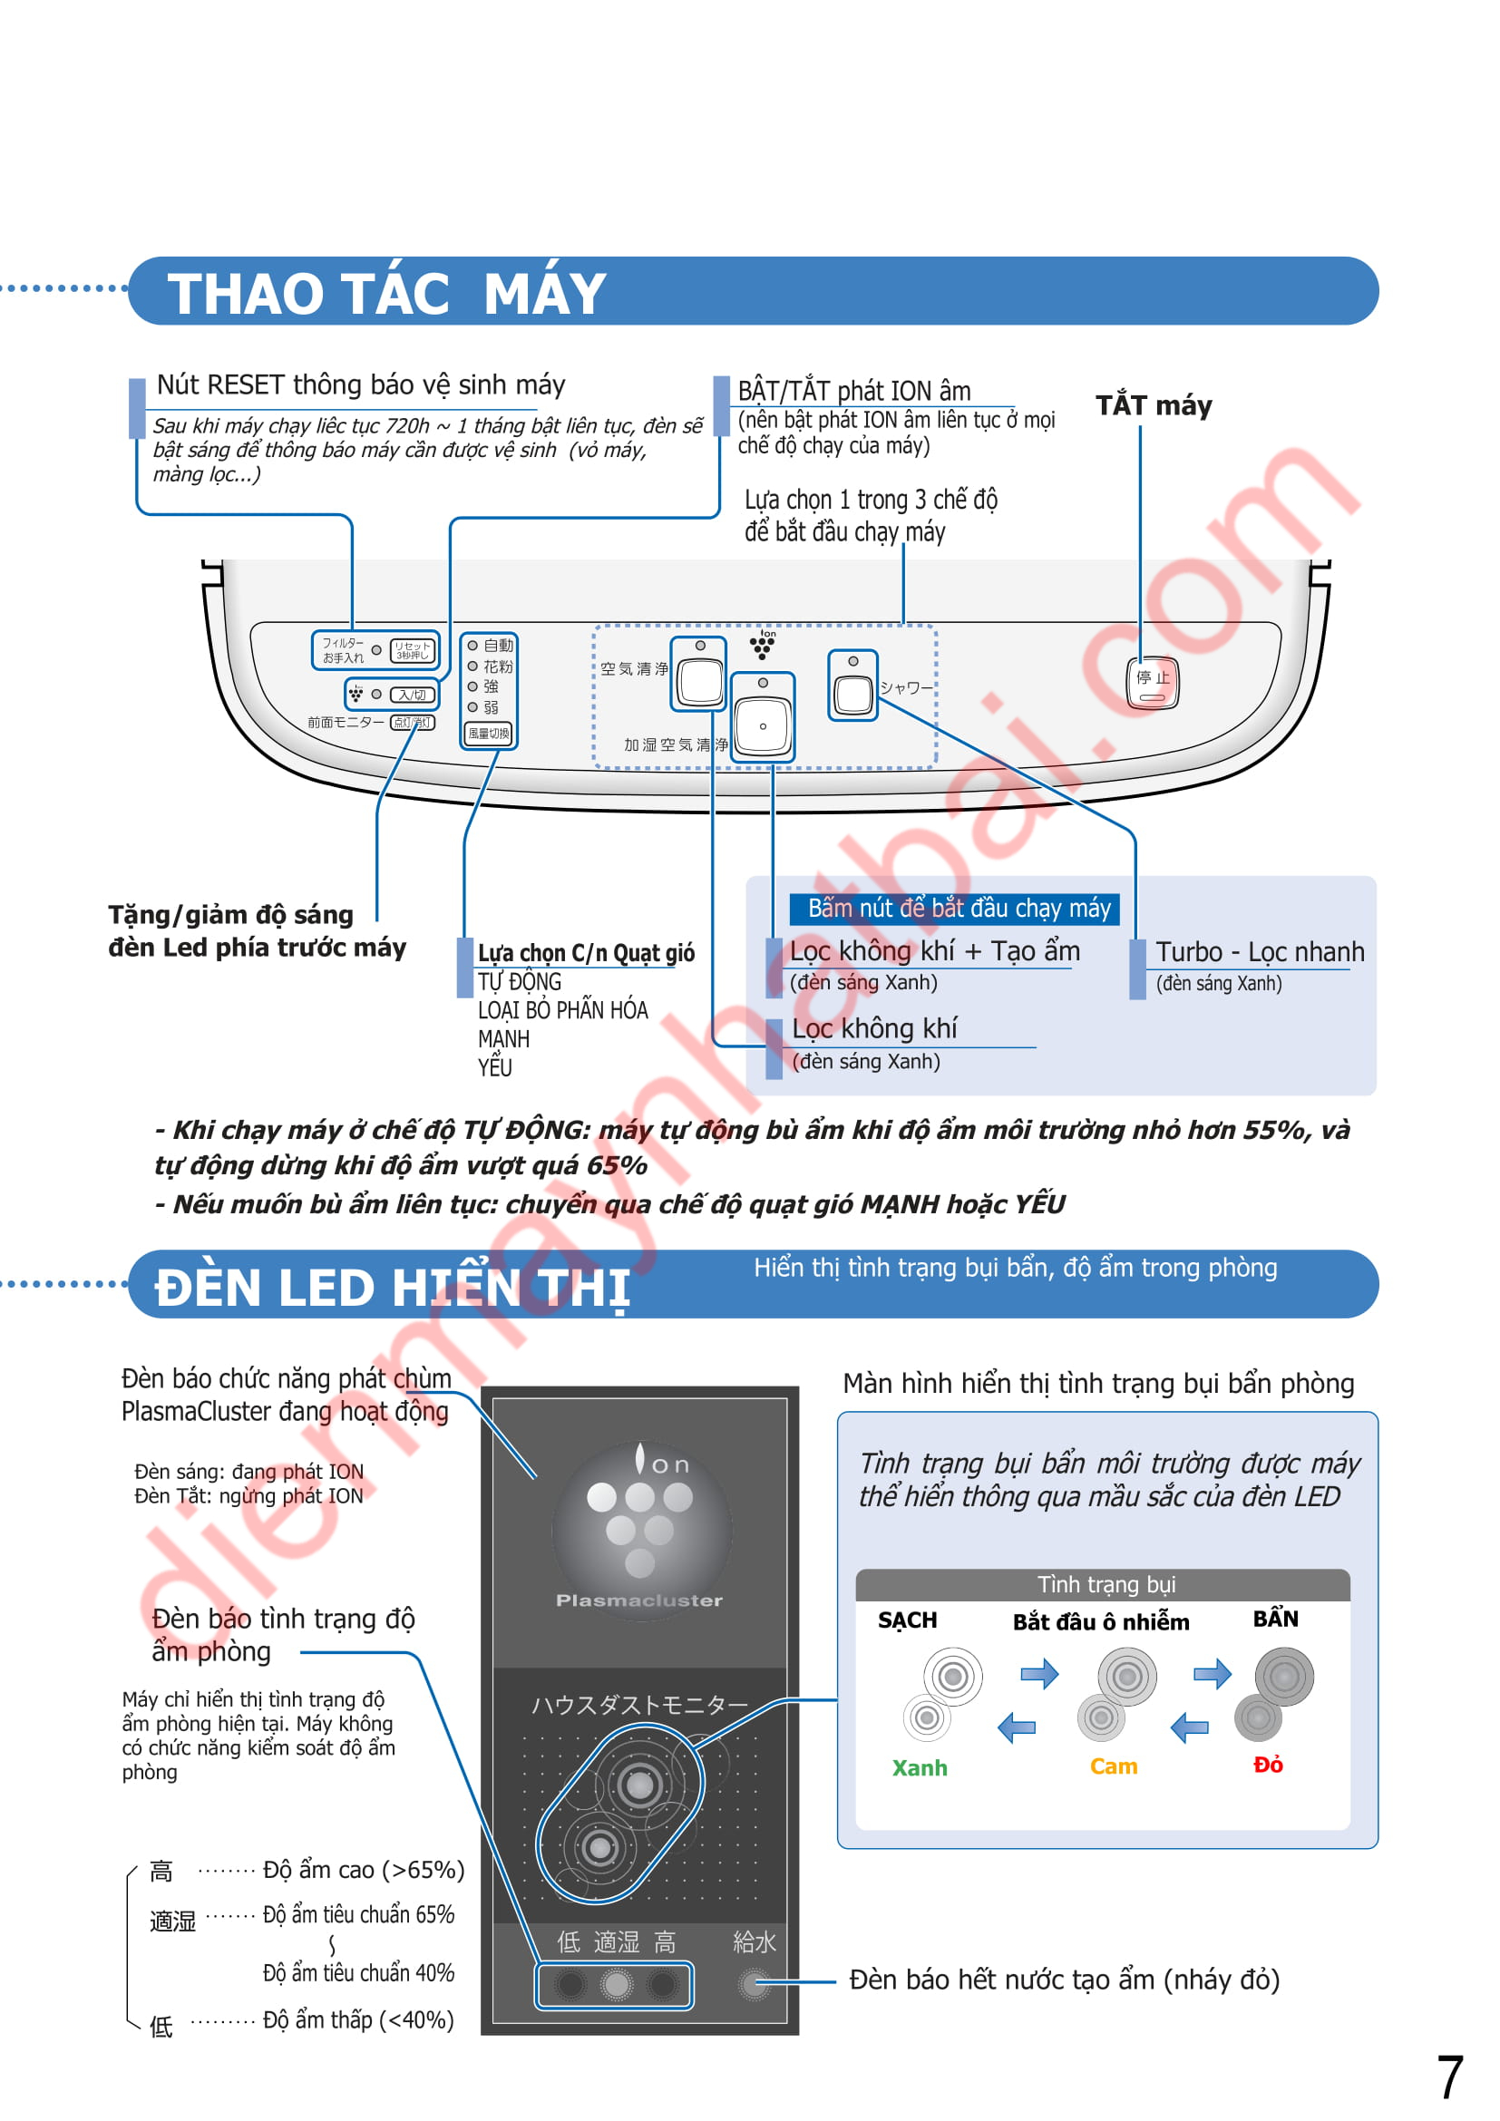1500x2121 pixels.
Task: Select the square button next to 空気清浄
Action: click(700, 681)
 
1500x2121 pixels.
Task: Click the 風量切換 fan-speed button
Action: click(489, 734)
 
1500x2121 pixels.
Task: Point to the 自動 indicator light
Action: click(472, 646)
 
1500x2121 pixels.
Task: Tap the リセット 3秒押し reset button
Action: click(413, 650)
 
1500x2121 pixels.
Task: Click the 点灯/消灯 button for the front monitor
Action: click(412, 723)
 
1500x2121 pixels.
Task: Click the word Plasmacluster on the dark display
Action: click(639, 1600)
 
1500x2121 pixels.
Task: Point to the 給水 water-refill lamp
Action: click(755, 1985)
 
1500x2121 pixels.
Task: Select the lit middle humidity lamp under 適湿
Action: click(616, 1984)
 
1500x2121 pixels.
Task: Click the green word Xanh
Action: click(920, 1768)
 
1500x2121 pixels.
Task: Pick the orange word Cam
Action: click(1114, 1767)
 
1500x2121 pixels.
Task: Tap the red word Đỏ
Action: click(1268, 1766)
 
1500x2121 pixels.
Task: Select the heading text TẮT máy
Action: click(1154, 405)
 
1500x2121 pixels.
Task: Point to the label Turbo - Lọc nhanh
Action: click(1260, 952)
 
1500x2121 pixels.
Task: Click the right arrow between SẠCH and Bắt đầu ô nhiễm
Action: click(1040, 1674)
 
